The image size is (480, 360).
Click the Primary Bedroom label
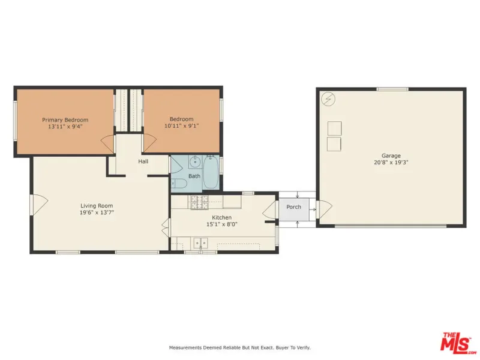point(65,119)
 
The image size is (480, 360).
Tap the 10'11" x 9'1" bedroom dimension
point(182,125)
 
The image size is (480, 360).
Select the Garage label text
point(391,155)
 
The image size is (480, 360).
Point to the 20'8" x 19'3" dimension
point(391,162)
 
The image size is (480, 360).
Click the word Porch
point(293,207)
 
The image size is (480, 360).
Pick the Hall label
point(143,161)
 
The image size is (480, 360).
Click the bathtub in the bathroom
point(211,172)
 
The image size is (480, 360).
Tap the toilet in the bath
point(179,184)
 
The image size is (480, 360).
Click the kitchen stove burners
point(199,202)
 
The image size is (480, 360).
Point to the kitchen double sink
point(200,243)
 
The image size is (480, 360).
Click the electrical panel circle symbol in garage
point(328,99)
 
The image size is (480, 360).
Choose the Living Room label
point(97,206)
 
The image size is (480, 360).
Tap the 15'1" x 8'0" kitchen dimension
point(222,224)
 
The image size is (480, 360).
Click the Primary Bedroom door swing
point(107,143)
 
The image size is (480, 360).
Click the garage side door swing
point(325,209)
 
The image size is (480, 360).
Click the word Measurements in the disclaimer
point(185,348)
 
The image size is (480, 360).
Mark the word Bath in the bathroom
point(194,176)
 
